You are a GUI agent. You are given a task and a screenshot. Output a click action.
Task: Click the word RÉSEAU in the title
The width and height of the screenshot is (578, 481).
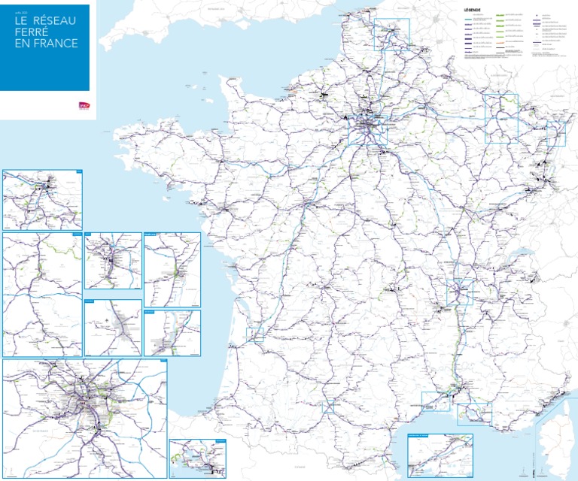click(x=53, y=21)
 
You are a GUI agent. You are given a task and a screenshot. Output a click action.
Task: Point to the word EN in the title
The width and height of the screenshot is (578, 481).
click(x=22, y=44)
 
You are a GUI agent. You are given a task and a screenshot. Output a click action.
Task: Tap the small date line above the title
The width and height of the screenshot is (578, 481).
click(x=20, y=11)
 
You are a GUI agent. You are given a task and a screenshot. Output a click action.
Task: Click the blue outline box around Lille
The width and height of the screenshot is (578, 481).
click(x=391, y=34)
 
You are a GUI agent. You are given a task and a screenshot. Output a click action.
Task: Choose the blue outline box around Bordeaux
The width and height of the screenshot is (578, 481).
click(x=254, y=335)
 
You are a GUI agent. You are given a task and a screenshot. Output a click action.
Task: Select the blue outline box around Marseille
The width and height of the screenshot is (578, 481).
click(x=473, y=413)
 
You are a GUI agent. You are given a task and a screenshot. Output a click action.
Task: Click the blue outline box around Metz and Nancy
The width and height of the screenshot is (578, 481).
click(x=501, y=118)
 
